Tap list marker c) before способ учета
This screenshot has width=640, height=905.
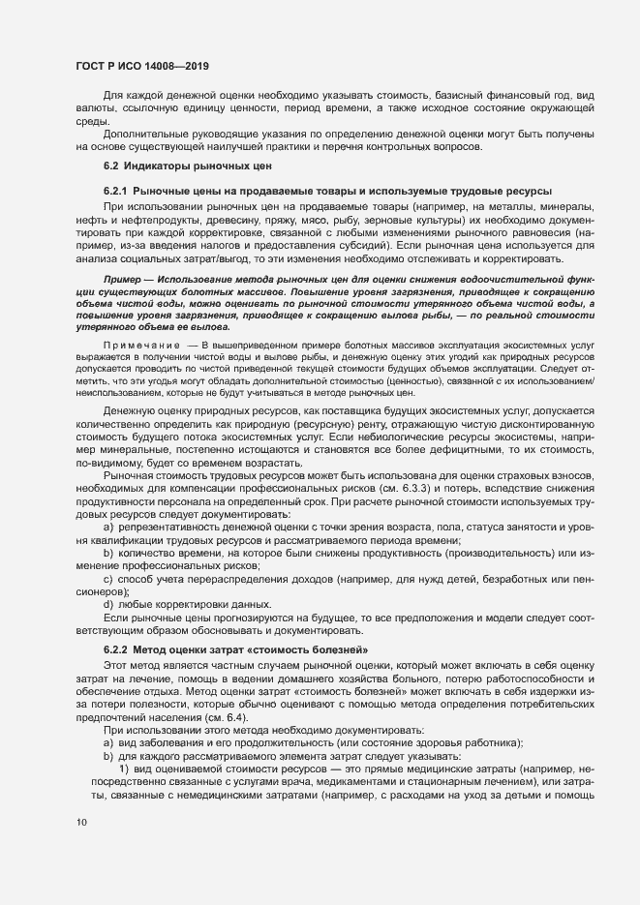pyautogui.click(x=107, y=578)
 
